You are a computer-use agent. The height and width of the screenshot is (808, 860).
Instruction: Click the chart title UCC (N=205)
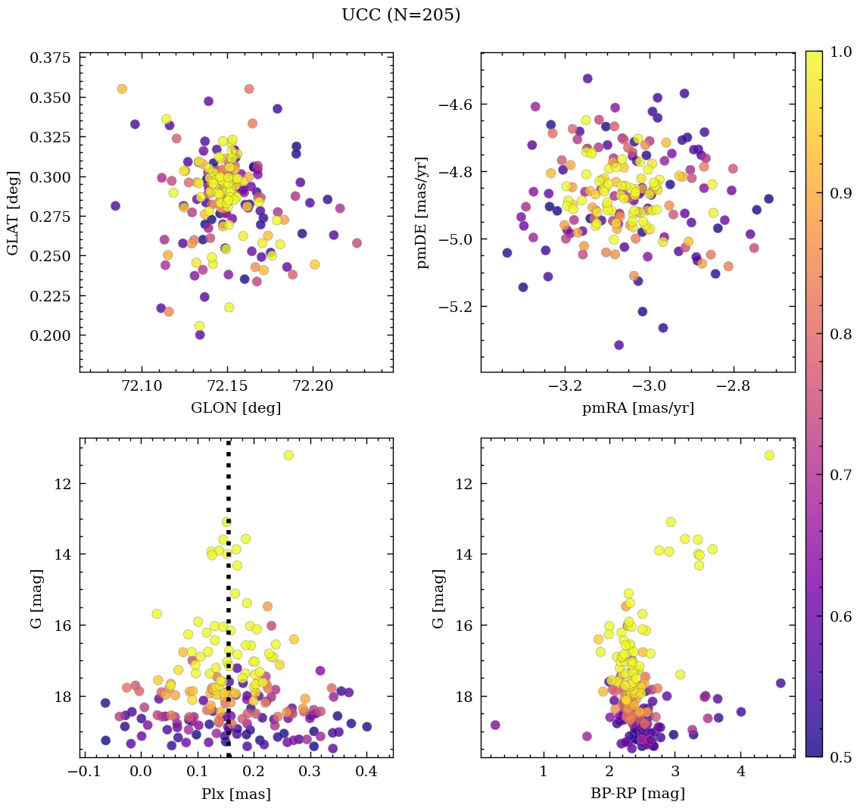(400, 15)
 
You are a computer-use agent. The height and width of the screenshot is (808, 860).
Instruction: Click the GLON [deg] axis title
(235, 408)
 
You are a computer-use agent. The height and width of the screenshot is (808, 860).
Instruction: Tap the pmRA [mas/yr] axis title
(637, 408)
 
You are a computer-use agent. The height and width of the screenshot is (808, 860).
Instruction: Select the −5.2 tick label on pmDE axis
(452, 307)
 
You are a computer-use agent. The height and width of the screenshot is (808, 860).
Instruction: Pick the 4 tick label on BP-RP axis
(741, 773)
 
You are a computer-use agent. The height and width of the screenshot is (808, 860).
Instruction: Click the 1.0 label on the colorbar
(840, 51)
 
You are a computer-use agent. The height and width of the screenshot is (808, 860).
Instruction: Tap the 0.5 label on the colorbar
(840, 757)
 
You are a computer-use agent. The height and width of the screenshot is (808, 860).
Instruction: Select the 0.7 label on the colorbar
(840, 475)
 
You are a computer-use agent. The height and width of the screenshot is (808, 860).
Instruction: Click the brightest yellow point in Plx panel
(288, 455)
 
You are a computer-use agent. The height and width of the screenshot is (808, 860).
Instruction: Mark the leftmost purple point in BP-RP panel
(496, 725)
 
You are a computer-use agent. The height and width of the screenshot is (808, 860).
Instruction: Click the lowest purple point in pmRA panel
(619, 345)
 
